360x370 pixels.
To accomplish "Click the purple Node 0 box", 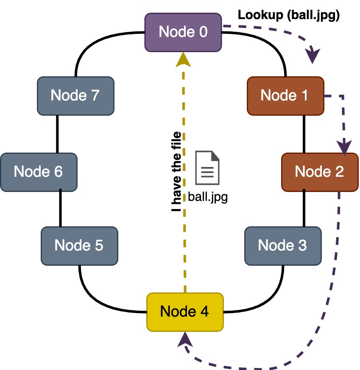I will [x=183, y=32].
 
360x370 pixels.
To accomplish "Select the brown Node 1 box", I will [x=285, y=96].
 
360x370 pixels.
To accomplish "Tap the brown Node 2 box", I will [x=319, y=172].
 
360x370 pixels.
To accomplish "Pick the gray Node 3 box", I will [x=282, y=245].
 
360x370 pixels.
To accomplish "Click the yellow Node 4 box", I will [x=184, y=312].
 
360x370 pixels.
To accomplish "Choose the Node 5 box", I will [x=79, y=245].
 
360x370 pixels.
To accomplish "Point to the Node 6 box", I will [x=39, y=172].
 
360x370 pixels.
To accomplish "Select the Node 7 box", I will [x=75, y=96].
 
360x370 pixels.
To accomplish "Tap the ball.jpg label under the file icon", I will [x=208, y=197].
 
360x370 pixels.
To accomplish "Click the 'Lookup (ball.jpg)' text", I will [x=289, y=15].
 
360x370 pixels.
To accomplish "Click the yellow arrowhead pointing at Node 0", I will [x=184, y=60].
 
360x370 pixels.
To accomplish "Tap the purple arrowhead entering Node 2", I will [x=346, y=147].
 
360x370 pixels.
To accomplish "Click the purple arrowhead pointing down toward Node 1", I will [x=313, y=56].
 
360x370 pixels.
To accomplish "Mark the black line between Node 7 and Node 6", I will [x=57, y=134].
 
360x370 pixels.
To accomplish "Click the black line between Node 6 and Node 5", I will [x=60, y=209].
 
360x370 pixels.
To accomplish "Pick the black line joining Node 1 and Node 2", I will [x=304, y=134].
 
